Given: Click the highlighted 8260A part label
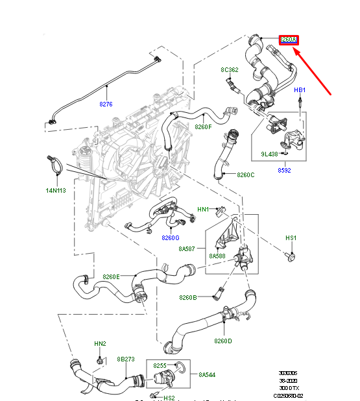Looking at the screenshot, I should [x=288, y=40].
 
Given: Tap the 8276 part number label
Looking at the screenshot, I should [x=106, y=103].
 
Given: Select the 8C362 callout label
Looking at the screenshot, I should [x=230, y=69].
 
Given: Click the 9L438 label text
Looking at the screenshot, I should [x=270, y=154].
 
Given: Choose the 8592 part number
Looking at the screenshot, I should [x=284, y=170].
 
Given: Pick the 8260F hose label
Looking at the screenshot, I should [x=204, y=127].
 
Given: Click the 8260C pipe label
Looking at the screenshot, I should [x=246, y=175].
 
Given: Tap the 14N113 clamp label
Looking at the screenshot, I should [x=56, y=190].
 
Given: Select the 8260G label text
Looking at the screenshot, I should [x=171, y=237].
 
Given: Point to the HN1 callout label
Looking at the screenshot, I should [x=203, y=210].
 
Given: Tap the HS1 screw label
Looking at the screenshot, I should [x=291, y=238].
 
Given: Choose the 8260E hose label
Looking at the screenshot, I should [x=111, y=276].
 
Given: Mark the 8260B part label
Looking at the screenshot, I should [x=188, y=297].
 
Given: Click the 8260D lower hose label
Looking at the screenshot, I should [x=223, y=341].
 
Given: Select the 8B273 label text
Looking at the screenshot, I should [x=125, y=358].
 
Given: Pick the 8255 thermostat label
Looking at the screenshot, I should [x=160, y=365].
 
